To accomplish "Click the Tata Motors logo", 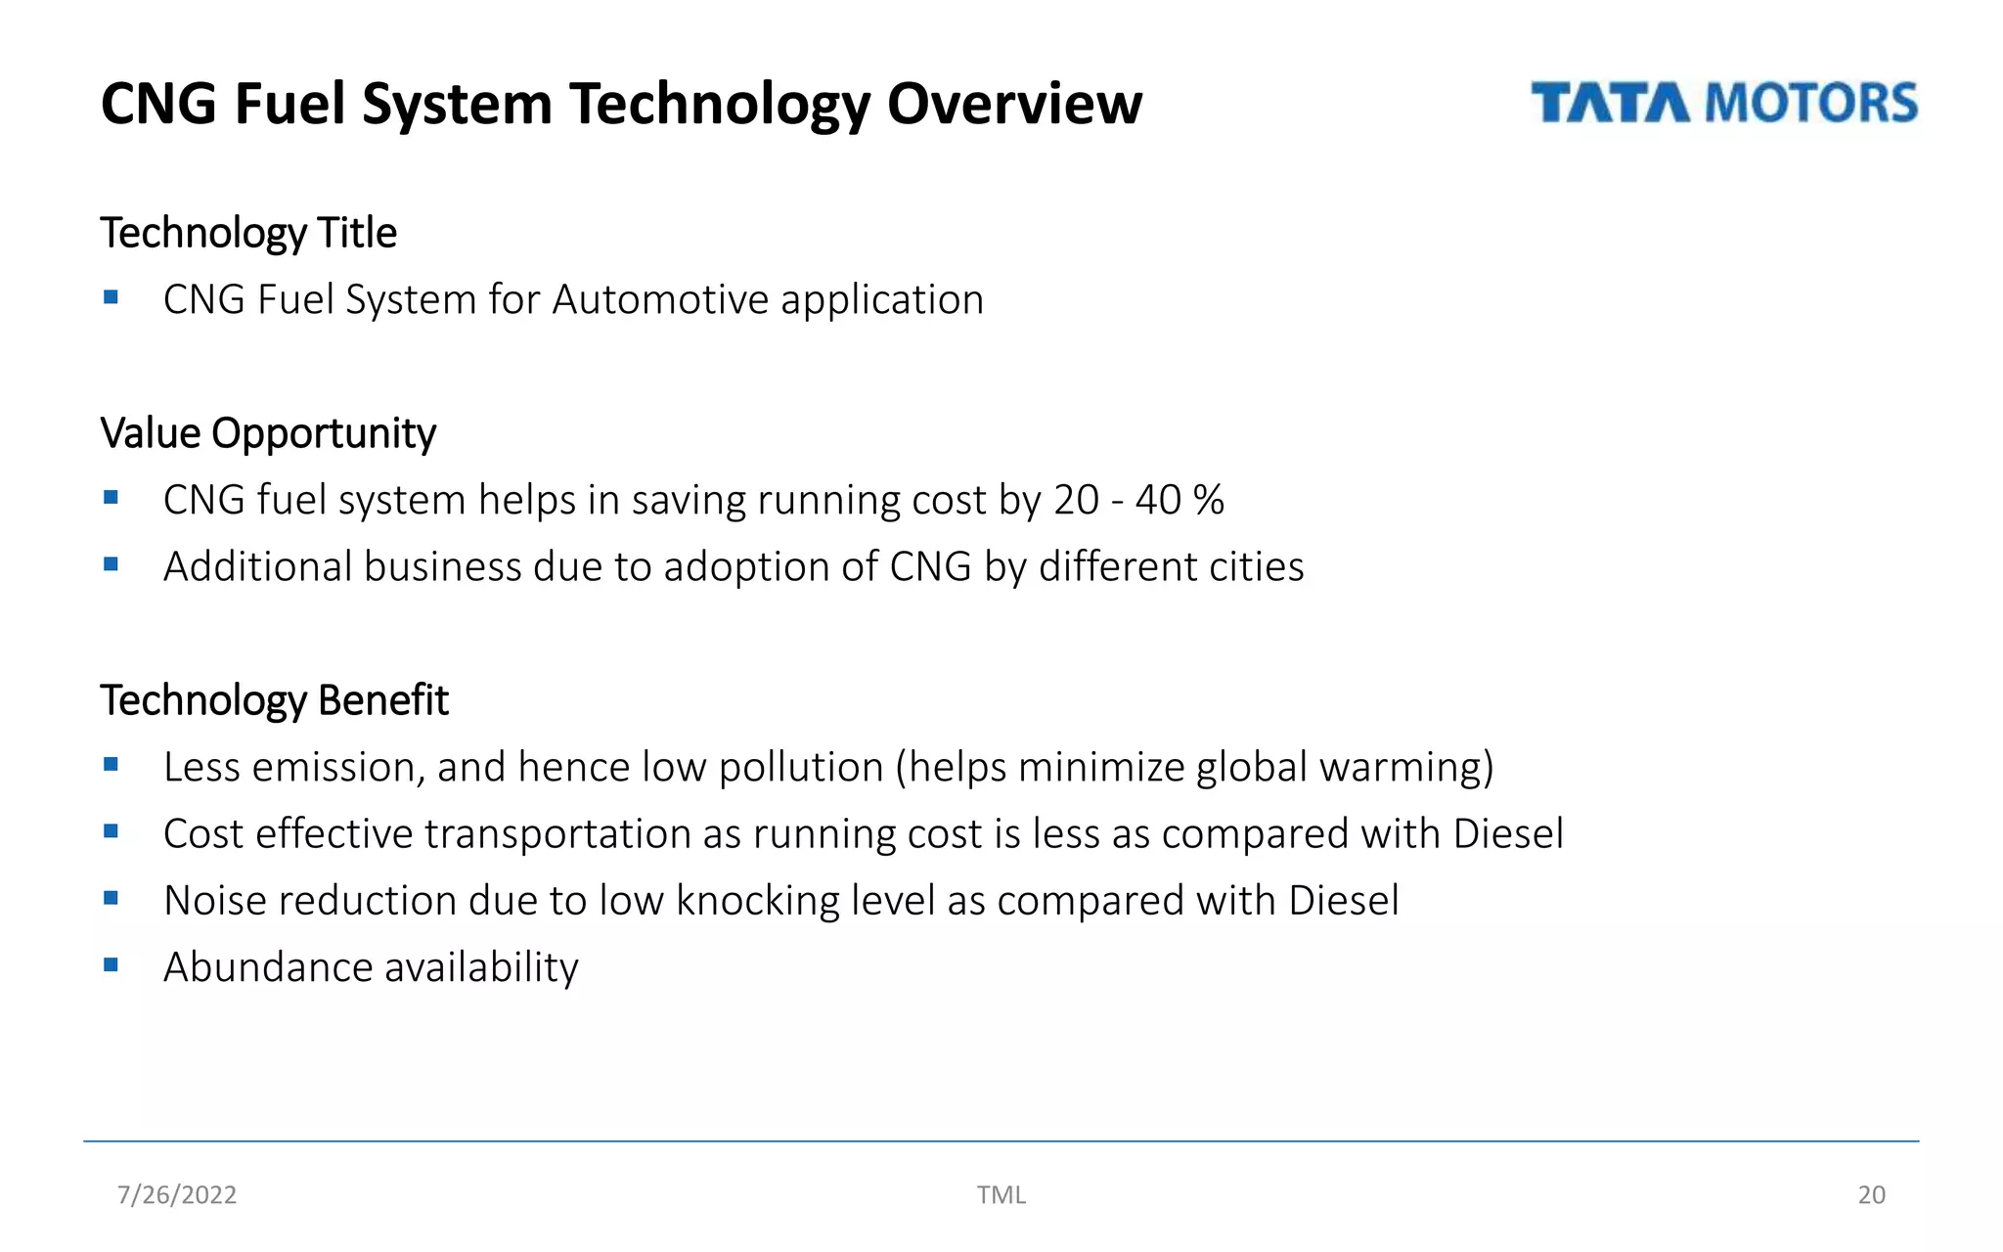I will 1723,104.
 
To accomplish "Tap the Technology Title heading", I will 248,233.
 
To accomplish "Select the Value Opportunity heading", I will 268,433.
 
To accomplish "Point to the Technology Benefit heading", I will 274,700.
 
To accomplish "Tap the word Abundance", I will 268,967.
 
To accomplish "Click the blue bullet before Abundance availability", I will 111,965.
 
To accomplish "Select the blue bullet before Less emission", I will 111,765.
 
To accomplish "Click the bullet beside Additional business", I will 111,564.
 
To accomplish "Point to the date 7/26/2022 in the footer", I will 177,1194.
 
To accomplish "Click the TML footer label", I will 1001,1194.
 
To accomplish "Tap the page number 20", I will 1871,1194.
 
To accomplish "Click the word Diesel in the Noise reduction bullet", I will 1343,901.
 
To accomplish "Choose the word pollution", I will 800,767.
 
